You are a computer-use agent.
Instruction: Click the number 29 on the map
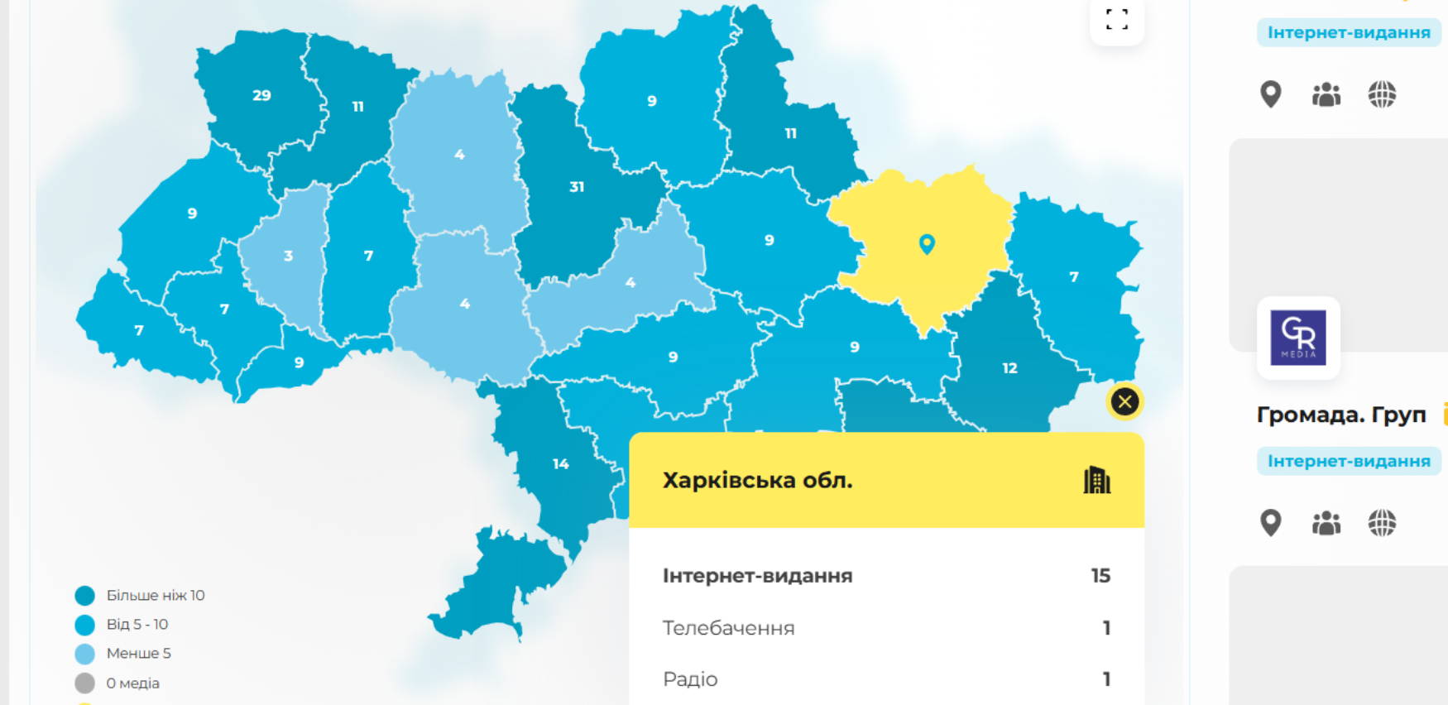pyautogui.click(x=261, y=96)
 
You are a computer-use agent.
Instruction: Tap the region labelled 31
pyautogui.click(x=577, y=187)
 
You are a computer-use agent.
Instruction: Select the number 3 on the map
pyautogui.click(x=288, y=256)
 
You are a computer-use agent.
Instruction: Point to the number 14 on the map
pyautogui.click(x=561, y=464)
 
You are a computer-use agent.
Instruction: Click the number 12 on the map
pyautogui.click(x=1009, y=368)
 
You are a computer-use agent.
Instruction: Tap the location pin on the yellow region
pyautogui.click(x=927, y=243)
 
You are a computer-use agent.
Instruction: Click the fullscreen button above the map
pyautogui.click(x=1117, y=20)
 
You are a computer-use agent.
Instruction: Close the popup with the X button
pyautogui.click(x=1124, y=402)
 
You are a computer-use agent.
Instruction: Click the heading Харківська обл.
pyautogui.click(x=757, y=481)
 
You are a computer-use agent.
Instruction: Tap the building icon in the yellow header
pyautogui.click(x=1097, y=480)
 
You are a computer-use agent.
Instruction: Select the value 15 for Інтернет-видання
pyautogui.click(x=1100, y=576)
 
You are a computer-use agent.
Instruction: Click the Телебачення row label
pyautogui.click(x=728, y=628)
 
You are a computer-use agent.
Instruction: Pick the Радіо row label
pyautogui.click(x=690, y=679)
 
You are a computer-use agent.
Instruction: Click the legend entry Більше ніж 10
pyautogui.click(x=155, y=596)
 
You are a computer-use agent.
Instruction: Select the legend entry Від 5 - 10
pyautogui.click(x=137, y=625)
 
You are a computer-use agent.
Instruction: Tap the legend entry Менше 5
pyautogui.click(x=138, y=654)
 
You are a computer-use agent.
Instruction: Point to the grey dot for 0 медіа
pyautogui.click(x=84, y=683)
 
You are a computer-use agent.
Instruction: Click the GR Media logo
pyautogui.click(x=1298, y=338)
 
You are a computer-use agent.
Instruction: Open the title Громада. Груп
pyautogui.click(x=1341, y=415)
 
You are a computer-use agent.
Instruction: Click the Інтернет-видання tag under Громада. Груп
pyautogui.click(x=1349, y=461)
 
